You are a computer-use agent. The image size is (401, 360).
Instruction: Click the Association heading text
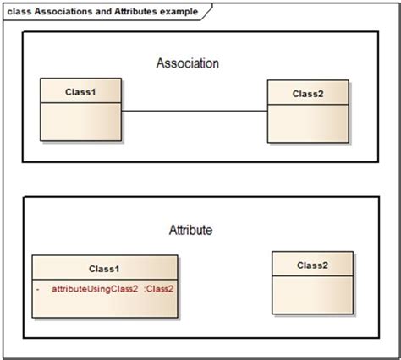click(x=188, y=63)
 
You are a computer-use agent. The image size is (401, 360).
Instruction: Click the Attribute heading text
click(x=190, y=230)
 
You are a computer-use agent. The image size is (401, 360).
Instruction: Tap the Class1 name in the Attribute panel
click(x=104, y=269)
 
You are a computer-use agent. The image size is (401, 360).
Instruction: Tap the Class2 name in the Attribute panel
click(x=312, y=265)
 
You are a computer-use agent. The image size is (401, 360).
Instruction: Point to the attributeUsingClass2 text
click(x=95, y=289)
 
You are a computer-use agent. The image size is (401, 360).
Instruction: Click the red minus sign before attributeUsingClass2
click(x=39, y=289)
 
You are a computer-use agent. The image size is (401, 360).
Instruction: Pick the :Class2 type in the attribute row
click(x=159, y=289)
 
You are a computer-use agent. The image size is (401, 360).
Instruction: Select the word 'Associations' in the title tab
click(x=60, y=12)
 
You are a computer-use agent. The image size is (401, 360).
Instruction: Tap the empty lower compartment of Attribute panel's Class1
click(x=104, y=307)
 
